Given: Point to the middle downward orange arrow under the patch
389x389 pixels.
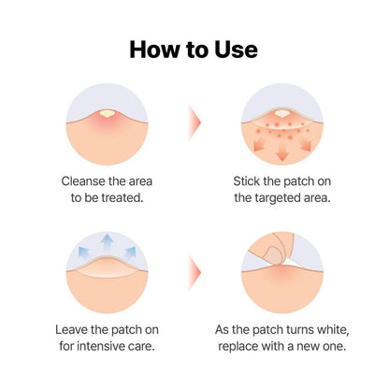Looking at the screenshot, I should [x=281, y=151].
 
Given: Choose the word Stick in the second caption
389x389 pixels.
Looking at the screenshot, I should [x=250, y=180].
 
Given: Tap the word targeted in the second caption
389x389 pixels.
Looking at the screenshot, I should [x=289, y=197].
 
